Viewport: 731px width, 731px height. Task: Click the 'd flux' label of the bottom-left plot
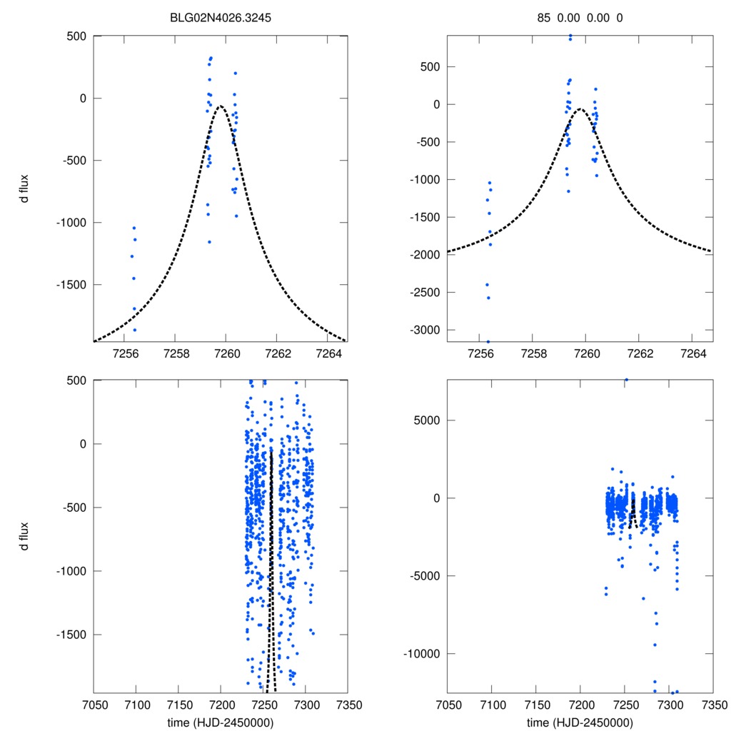[x=25, y=537]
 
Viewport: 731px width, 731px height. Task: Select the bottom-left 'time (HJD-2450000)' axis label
[x=220, y=722]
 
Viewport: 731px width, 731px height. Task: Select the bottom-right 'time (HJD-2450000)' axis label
[x=580, y=722]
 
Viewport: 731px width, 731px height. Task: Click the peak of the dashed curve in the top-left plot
[x=221, y=106]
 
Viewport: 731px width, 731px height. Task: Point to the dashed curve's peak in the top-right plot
[x=581, y=109]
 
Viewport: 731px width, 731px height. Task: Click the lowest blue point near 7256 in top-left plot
[x=135, y=330]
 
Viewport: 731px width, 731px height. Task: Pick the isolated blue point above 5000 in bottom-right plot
[x=626, y=380]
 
